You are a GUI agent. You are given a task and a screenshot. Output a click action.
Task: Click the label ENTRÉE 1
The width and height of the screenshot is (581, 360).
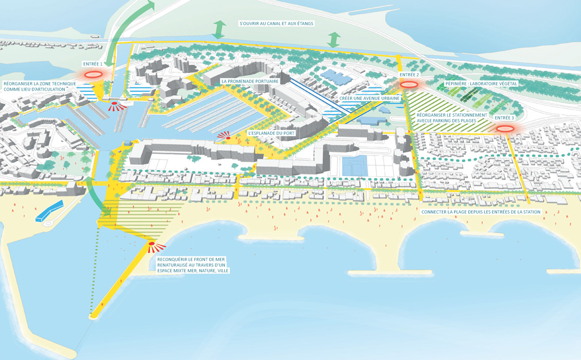92,65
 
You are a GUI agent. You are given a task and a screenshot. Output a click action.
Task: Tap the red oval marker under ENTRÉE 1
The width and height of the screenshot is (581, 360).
93,75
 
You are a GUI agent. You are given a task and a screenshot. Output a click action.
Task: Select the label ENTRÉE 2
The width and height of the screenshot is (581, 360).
409,75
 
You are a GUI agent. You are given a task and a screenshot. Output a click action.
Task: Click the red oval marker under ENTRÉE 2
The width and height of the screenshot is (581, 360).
410,84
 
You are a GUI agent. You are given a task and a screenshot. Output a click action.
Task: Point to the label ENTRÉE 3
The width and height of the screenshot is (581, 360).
504,118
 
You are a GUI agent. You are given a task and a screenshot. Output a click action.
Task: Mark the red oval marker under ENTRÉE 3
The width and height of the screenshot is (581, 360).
504,129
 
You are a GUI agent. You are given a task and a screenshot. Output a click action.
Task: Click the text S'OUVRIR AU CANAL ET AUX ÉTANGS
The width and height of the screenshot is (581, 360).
276,24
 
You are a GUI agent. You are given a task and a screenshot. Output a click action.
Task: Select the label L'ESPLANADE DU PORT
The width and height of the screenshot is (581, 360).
271,133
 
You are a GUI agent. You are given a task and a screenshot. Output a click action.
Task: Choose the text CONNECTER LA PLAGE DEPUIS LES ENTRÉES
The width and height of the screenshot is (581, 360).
480,211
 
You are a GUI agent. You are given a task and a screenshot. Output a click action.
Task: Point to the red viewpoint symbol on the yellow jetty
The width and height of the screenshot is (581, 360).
153,245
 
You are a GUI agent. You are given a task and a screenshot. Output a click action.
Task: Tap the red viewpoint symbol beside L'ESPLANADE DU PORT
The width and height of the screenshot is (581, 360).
225,135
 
